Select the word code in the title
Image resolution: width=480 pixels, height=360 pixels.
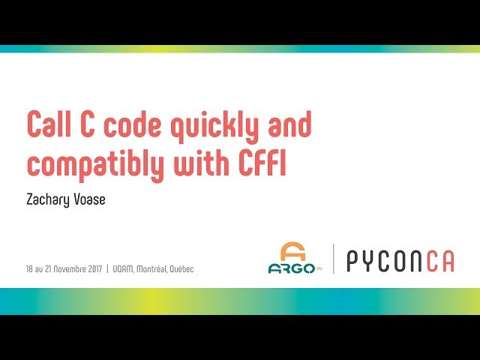pyautogui.click(x=131, y=125)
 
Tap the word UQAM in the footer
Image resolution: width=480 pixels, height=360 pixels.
pyautogui.click(x=122, y=268)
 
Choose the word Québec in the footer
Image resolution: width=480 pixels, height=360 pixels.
pyautogui.click(x=182, y=268)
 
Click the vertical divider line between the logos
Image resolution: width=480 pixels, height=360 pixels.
pyautogui.click(x=333, y=259)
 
